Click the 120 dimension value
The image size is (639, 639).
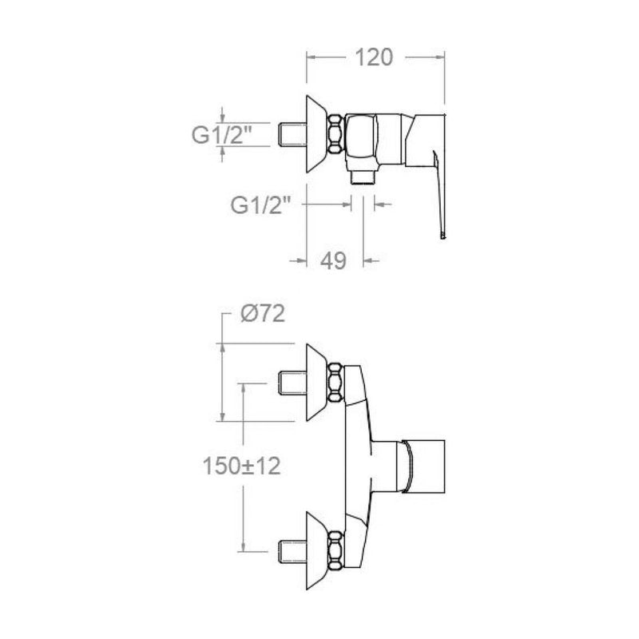tap(374, 58)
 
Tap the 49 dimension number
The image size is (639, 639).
tap(333, 260)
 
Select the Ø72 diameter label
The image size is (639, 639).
tap(263, 314)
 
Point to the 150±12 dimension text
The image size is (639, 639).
tap(242, 466)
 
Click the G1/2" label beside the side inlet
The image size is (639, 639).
tap(222, 135)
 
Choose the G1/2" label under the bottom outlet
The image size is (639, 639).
tap(261, 205)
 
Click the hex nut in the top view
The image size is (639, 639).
tap(335, 134)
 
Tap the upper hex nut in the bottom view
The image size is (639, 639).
tap(335, 383)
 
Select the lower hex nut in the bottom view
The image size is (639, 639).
tap(335, 550)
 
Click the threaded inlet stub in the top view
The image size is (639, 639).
tap(292, 134)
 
